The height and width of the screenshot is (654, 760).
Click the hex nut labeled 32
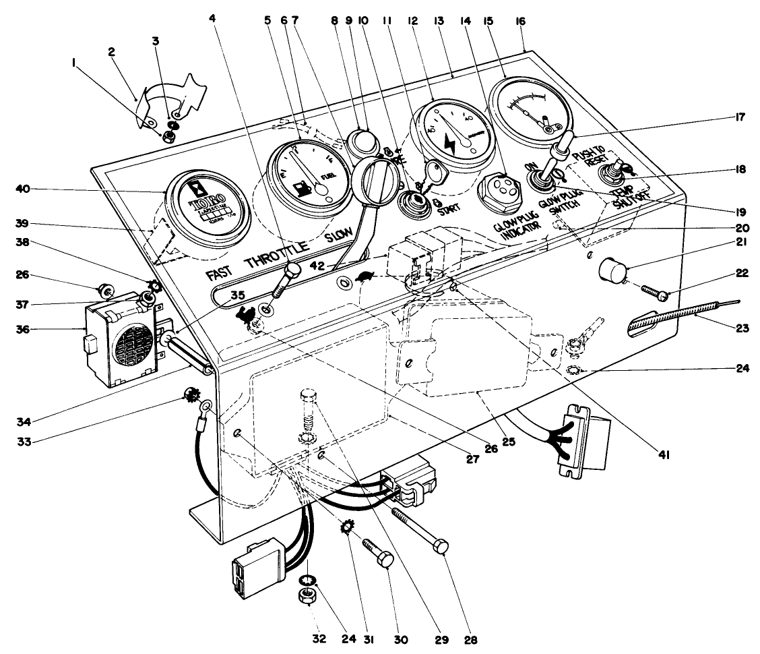tap(309, 597)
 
